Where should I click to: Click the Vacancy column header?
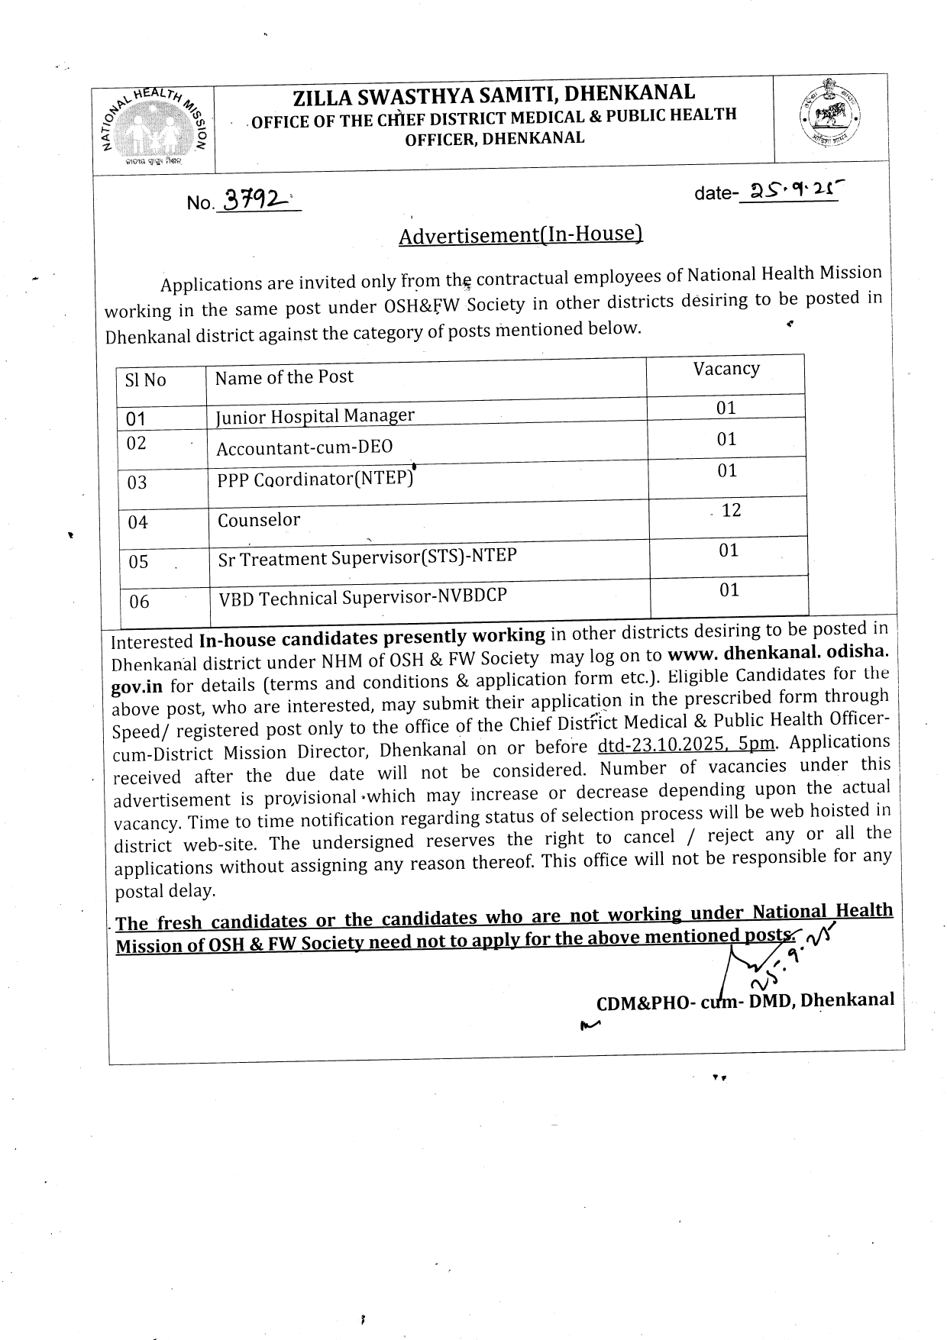[x=726, y=369]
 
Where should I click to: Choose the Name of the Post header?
[x=284, y=377]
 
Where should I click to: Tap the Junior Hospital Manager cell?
[x=315, y=416]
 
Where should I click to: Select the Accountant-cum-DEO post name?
[x=304, y=447]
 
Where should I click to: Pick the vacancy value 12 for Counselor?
[x=731, y=510]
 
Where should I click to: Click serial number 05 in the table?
[x=138, y=562]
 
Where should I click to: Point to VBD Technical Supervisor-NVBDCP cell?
[x=362, y=596]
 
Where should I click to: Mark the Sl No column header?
[x=145, y=380]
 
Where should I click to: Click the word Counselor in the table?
[x=259, y=520]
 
